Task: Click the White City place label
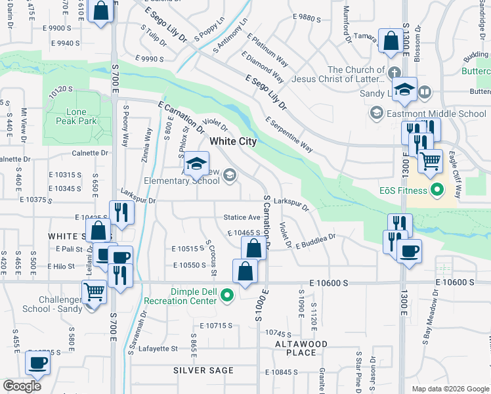click(x=232, y=141)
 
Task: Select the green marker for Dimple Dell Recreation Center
click(x=228, y=296)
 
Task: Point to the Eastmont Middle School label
click(x=436, y=114)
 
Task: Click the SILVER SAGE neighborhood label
click(x=203, y=370)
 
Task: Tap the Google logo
click(x=22, y=386)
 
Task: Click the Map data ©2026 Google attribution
click(x=450, y=389)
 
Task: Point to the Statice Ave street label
click(x=242, y=217)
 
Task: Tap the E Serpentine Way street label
click(x=289, y=135)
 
